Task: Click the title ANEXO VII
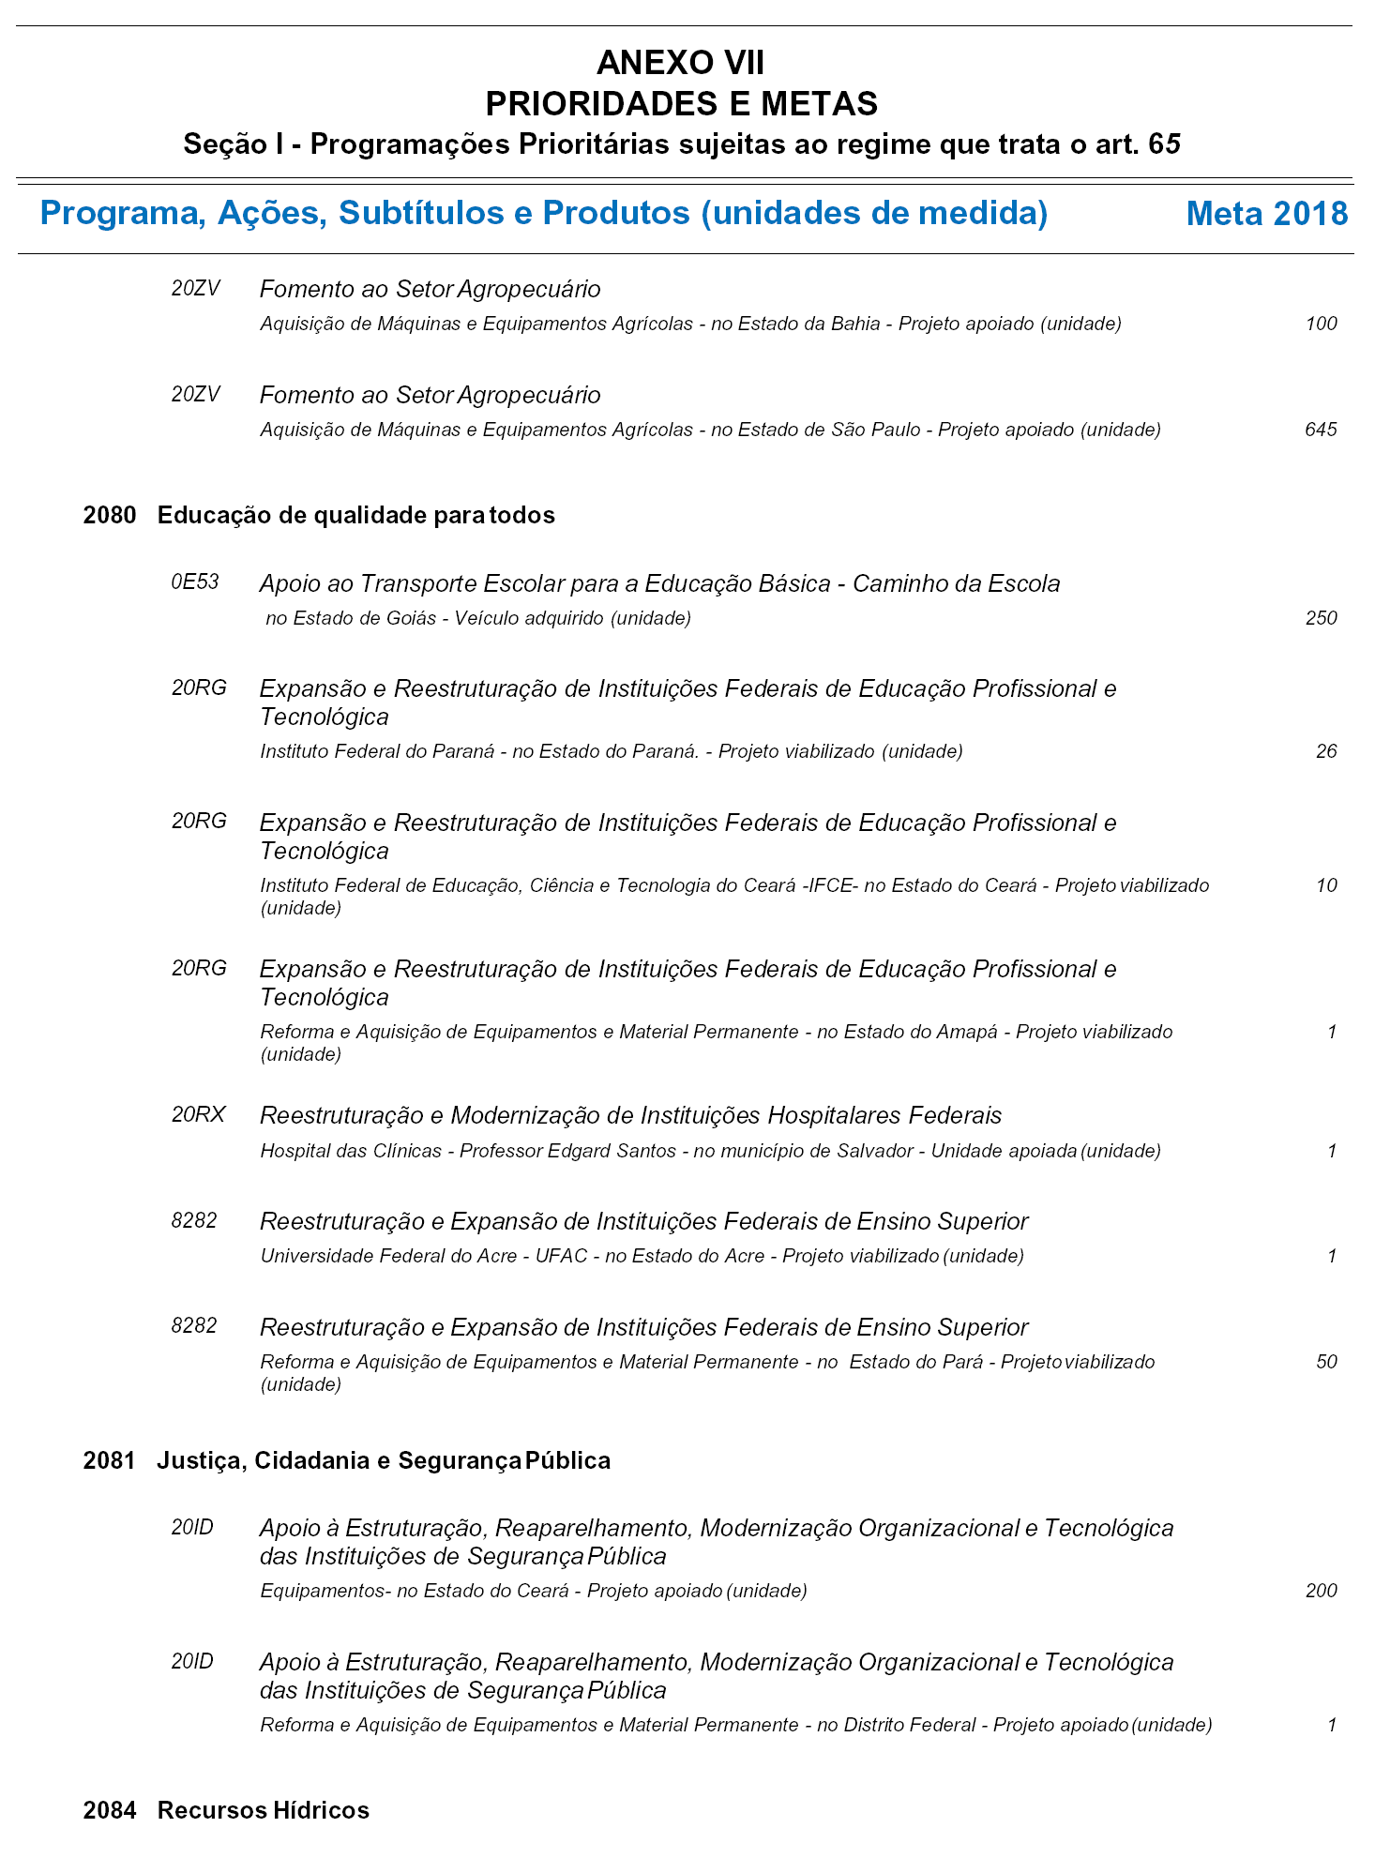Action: point(680,63)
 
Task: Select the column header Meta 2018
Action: point(1266,214)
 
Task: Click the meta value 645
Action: point(1321,430)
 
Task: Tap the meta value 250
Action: point(1321,618)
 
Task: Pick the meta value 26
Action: point(1326,751)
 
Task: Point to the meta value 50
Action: point(1326,1362)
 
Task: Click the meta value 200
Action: point(1321,1591)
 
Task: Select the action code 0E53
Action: point(195,582)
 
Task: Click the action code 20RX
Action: point(198,1114)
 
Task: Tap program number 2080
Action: point(109,515)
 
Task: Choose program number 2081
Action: point(109,1460)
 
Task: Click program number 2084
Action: point(109,1810)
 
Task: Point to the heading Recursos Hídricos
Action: point(263,1810)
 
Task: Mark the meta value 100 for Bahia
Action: point(1321,324)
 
